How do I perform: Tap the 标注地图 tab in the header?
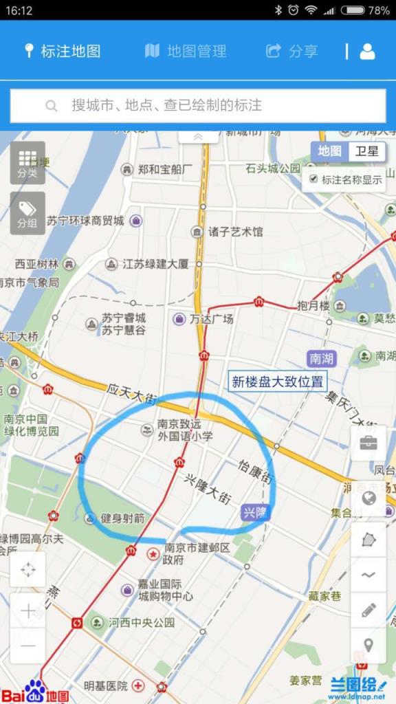tap(63, 51)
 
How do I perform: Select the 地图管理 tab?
tap(186, 51)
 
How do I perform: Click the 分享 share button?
tap(292, 51)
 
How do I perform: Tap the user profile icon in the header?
tap(368, 51)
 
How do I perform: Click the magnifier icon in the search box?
tap(51, 106)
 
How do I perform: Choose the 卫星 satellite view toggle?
tap(366, 152)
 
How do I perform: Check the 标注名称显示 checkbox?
tap(314, 179)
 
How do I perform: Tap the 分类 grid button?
tap(27, 162)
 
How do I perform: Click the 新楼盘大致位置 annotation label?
tap(278, 382)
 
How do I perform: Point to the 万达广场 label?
tap(212, 319)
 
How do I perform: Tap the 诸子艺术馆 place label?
tap(236, 232)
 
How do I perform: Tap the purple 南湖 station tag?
tap(322, 358)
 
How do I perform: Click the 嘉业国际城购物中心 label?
tap(165, 590)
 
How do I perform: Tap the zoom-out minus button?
tap(28, 646)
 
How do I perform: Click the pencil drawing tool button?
tap(368, 609)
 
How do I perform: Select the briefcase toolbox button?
tap(368, 443)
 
